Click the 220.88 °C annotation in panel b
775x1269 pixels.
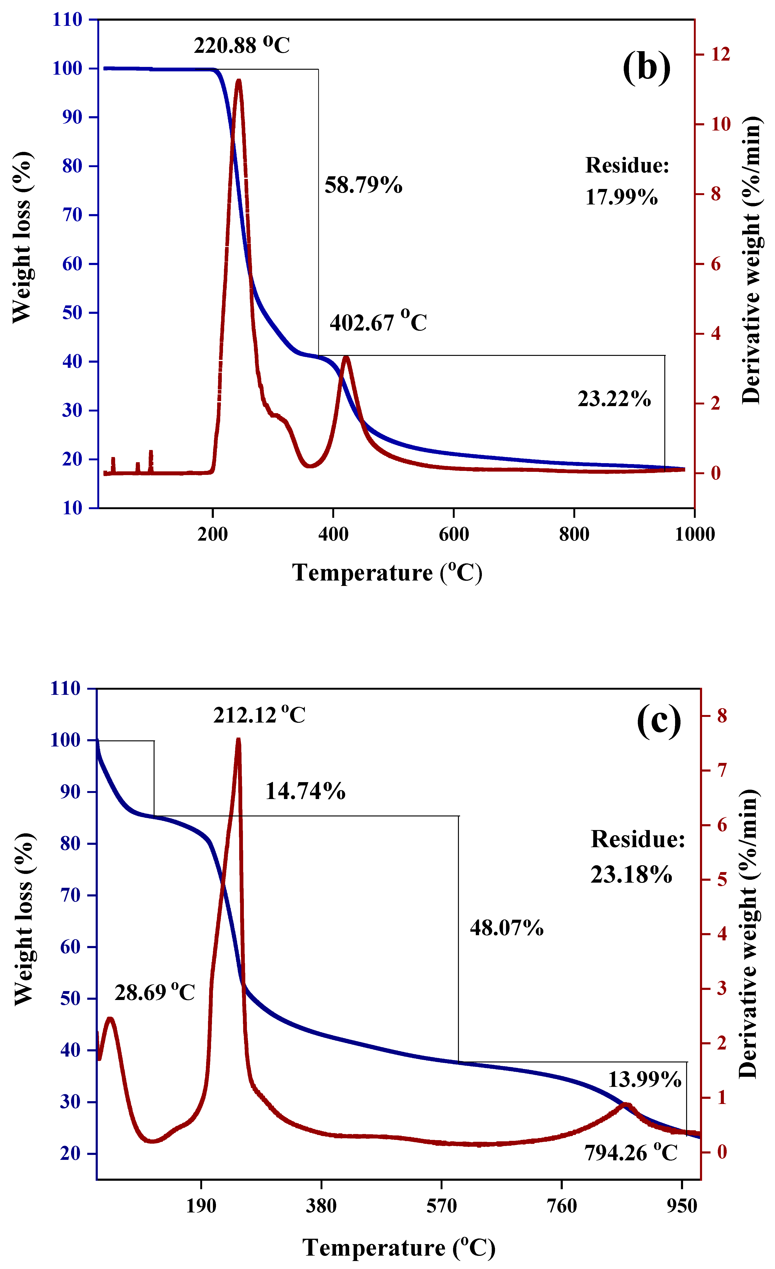tap(241, 45)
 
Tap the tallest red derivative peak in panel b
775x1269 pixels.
tap(238, 81)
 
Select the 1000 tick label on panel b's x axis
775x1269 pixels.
tap(694, 534)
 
